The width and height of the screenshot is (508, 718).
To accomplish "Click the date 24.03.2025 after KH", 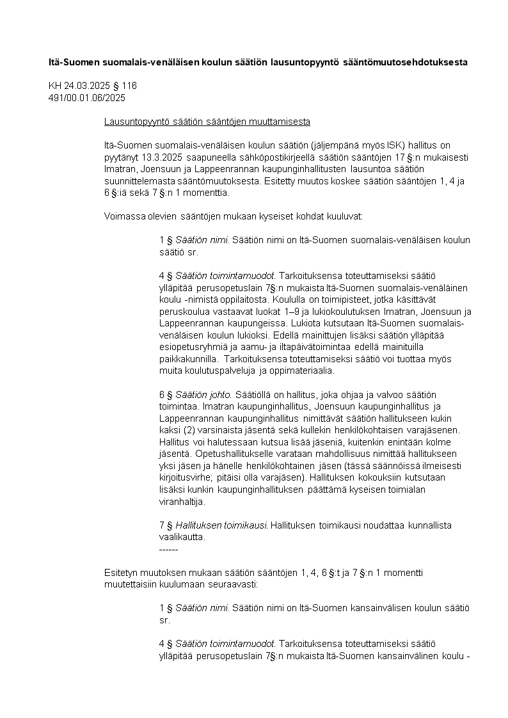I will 88,86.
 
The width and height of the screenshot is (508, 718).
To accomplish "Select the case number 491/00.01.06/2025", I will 87,98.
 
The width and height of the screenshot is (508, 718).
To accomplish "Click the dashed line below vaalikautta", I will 168,549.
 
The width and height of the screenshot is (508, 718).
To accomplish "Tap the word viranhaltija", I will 182,502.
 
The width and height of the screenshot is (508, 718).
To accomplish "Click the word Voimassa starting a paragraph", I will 124,216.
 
